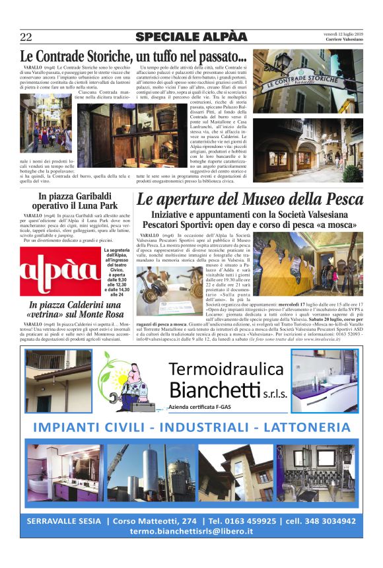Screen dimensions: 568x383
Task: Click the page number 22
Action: pyautogui.click(x=26, y=36)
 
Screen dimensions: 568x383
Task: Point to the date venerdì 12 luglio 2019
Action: pyautogui.click(x=343, y=33)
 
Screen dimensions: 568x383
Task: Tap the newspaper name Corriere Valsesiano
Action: pyautogui.click(x=344, y=40)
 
